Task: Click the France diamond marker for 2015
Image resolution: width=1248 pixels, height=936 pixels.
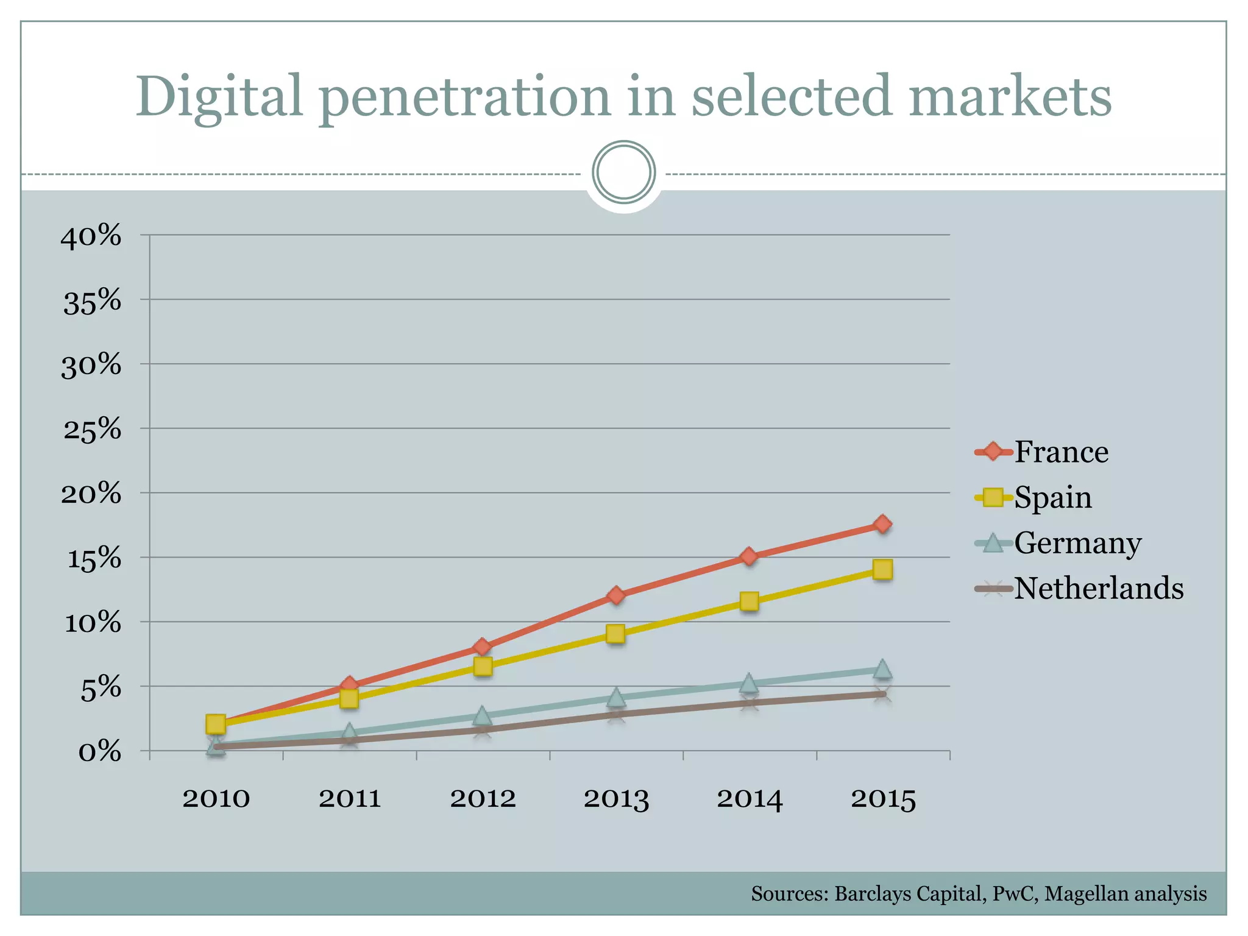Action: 882,524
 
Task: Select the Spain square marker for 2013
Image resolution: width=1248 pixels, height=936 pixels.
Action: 615,634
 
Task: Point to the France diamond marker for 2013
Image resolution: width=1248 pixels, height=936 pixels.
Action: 615,595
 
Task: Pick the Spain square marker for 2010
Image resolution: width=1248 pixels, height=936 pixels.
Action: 216,724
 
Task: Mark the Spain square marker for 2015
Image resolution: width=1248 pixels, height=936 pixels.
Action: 882,569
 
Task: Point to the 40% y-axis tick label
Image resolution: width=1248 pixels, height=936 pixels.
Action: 91,236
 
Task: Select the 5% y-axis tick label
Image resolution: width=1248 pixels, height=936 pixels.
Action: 101,689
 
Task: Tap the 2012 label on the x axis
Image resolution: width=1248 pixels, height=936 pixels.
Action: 483,799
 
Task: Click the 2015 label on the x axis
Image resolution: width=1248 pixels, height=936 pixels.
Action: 883,799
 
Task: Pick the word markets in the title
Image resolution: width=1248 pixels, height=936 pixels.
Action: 1010,97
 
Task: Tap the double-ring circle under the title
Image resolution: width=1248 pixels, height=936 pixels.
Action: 623,172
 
